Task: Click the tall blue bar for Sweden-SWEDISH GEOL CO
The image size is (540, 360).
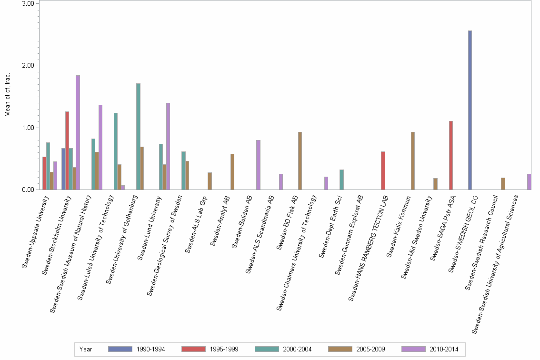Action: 470,110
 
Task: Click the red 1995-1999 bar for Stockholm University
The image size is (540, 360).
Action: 67,150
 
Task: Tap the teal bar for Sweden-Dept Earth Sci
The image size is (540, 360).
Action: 341,180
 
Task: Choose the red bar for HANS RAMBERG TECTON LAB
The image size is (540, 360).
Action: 383,170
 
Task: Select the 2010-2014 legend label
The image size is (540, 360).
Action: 444,349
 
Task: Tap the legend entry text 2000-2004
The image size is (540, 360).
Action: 298,349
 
